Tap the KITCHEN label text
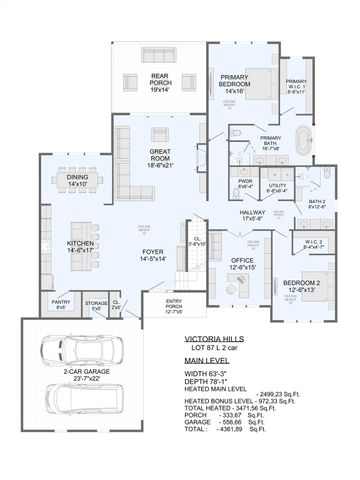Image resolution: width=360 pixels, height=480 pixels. coord(80,243)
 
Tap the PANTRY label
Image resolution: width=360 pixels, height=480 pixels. coord(61,303)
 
